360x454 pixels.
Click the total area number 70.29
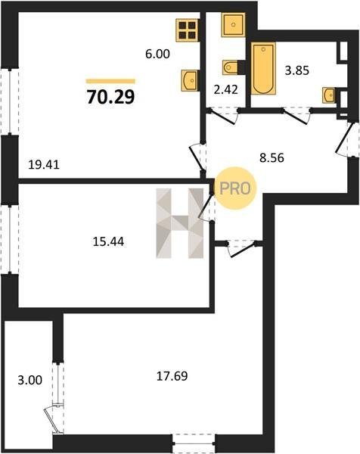pyautogui.click(x=110, y=97)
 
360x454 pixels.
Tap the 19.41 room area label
pyautogui.click(x=44, y=165)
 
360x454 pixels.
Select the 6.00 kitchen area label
pyautogui.click(x=157, y=54)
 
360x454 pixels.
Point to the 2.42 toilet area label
pyautogui.click(x=225, y=89)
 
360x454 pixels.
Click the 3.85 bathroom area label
pyautogui.click(x=297, y=70)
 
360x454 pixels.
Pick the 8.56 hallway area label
pyautogui.click(x=272, y=158)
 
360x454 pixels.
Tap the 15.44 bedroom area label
pyautogui.click(x=108, y=241)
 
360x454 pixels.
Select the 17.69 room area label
pyautogui.click(x=172, y=376)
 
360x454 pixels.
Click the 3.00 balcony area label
pyautogui.click(x=29, y=380)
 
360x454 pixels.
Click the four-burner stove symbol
pyautogui.click(x=188, y=30)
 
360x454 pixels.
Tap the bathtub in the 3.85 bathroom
pyautogui.click(x=263, y=68)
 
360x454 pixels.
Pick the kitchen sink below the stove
pyautogui.click(x=190, y=80)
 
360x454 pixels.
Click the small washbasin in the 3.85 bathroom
pyautogui.click(x=329, y=95)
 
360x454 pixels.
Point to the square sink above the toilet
pyautogui.click(x=233, y=25)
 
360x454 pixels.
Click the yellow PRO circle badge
pyautogui.click(x=234, y=188)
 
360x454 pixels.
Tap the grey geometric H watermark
pyautogui.click(x=180, y=223)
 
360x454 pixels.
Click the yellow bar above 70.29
pyautogui.click(x=110, y=82)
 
